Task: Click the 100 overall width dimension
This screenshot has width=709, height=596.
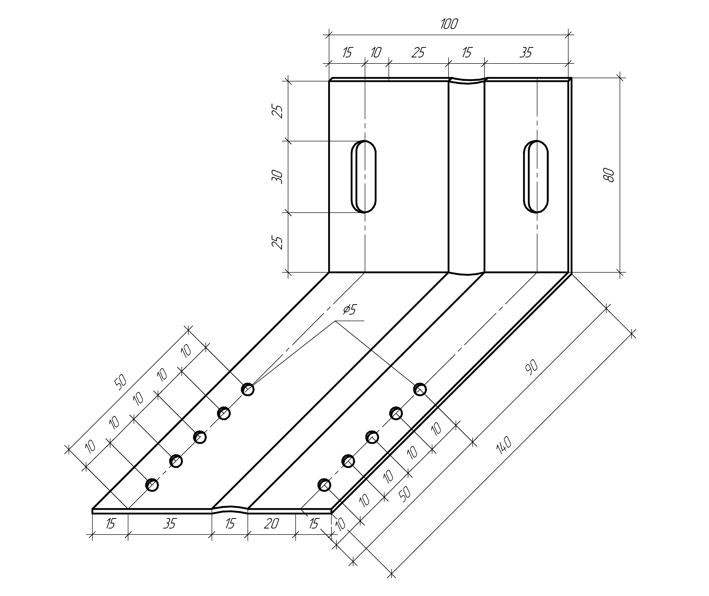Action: coord(449,24)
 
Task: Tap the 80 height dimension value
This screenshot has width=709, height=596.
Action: coord(609,175)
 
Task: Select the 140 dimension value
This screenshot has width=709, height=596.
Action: coord(504,445)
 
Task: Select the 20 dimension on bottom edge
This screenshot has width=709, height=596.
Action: coord(271,524)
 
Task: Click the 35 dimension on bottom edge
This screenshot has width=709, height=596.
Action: coord(170,524)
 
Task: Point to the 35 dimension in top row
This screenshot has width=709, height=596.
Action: coord(526,52)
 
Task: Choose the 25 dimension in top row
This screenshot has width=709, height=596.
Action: coord(418,52)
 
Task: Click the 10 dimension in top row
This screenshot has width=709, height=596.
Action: coord(376,52)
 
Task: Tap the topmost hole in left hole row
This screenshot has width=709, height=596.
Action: coord(248,389)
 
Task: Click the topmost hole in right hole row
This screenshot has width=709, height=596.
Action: coord(420,389)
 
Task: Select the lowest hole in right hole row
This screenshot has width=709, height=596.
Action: coord(324,485)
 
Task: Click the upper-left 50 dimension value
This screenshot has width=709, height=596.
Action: coord(120,382)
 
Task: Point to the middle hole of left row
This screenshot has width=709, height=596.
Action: coord(199,437)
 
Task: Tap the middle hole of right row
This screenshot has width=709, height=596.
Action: coord(372,437)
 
